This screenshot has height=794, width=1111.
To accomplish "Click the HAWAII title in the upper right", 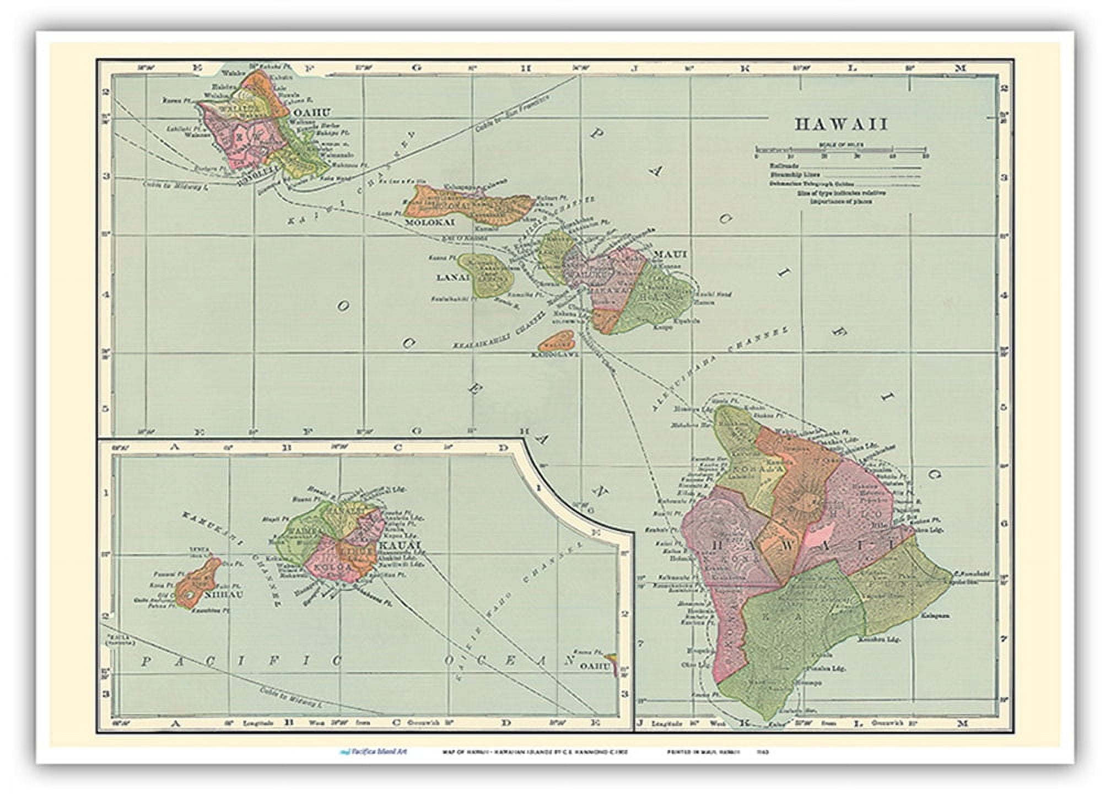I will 841,125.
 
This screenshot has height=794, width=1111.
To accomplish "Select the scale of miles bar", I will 841,149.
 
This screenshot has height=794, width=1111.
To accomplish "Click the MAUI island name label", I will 670,254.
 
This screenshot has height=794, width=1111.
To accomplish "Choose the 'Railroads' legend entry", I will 785,165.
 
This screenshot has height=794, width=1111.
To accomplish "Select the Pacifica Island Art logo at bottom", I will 374,752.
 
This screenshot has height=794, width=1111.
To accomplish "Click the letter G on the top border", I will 416,68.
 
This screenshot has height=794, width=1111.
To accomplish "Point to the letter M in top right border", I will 961,68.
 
